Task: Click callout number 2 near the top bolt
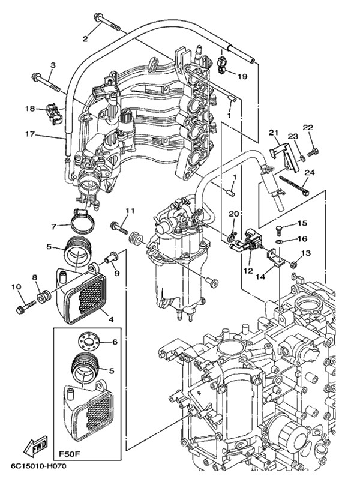(x=85, y=40)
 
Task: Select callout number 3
(x=53, y=65)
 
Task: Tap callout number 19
(x=242, y=76)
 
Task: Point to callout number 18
(x=30, y=109)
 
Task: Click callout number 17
(x=29, y=134)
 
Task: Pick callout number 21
(x=274, y=133)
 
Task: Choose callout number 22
(x=308, y=128)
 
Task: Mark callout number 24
(x=309, y=173)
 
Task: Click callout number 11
(x=130, y=210)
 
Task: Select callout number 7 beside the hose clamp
(x=53, y=226)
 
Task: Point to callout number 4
(x=110, y=319)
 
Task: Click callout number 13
(x=306, y=254)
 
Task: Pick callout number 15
(x=302, y=224)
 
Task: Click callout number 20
(x=234, y=214)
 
